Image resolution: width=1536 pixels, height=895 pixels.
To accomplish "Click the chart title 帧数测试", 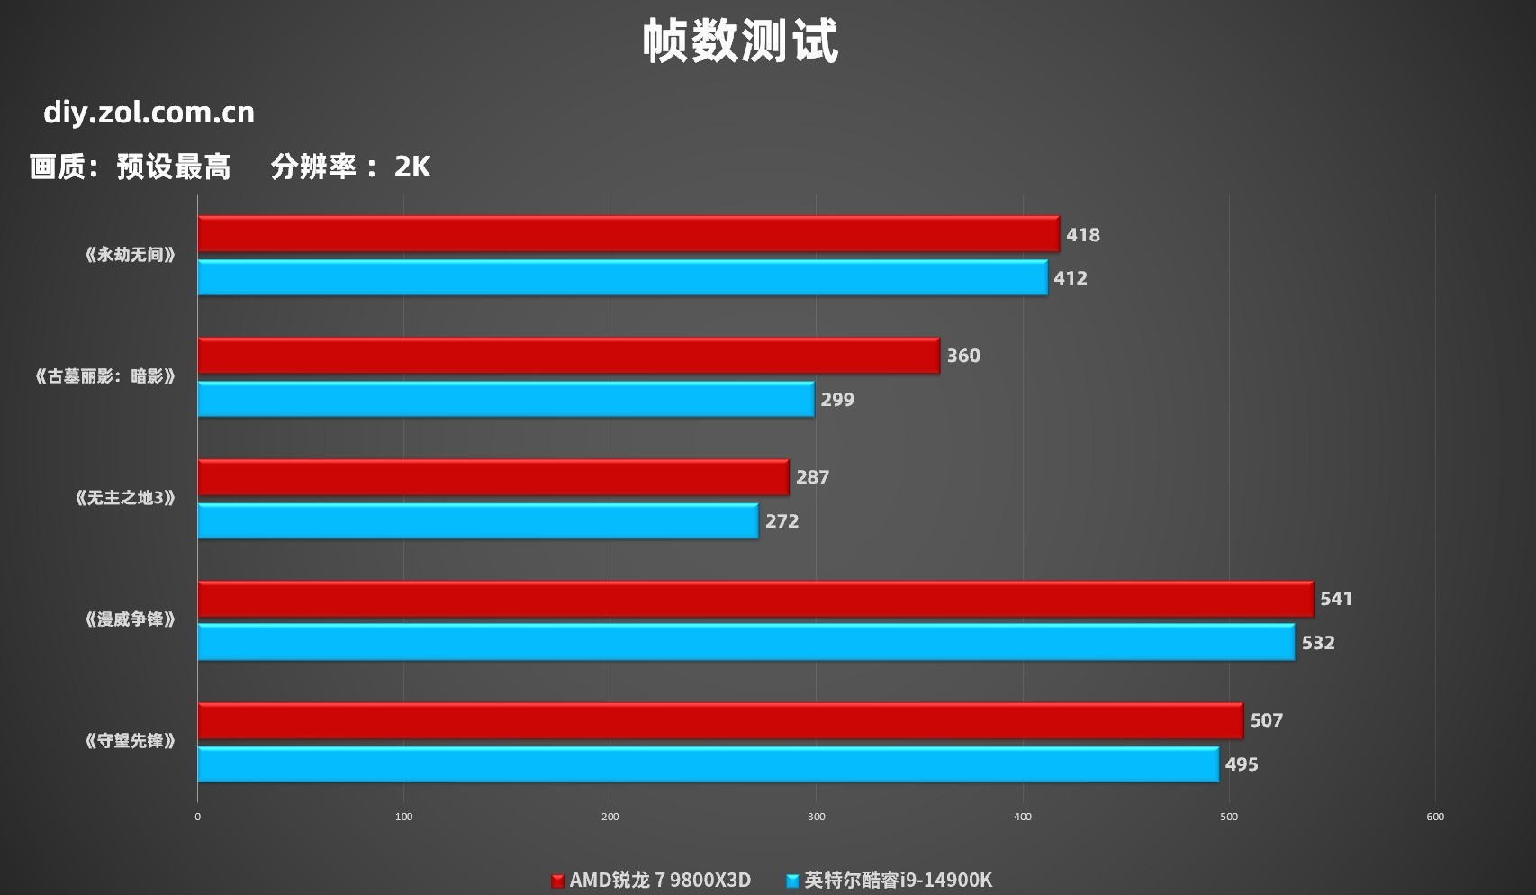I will (740, 41).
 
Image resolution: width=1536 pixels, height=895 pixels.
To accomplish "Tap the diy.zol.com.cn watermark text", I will (149, 113).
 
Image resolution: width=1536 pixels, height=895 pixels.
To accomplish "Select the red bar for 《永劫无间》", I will (628, 234).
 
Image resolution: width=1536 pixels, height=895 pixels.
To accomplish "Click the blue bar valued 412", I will (622, 277).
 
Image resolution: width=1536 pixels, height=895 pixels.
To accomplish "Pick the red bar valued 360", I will (568, 356).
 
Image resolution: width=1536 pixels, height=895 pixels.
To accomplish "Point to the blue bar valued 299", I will (505, 399).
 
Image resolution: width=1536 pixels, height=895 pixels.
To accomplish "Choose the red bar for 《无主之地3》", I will (493, 477).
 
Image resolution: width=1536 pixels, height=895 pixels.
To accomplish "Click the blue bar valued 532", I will (745, 642).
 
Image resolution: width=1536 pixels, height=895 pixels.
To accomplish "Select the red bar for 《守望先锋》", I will (719, 720).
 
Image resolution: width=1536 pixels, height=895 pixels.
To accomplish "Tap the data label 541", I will (1336, 599).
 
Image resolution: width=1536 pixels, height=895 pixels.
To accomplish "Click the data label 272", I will (782, 521).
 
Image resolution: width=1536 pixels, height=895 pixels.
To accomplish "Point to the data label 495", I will (1242, 764).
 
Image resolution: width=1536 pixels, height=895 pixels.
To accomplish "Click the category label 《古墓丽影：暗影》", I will (104, 376).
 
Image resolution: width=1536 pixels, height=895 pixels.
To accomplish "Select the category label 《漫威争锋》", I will (130, 619).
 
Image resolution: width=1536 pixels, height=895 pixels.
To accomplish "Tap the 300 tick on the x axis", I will (817, 817).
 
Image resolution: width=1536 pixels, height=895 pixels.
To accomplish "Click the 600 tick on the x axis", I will (1435, 817).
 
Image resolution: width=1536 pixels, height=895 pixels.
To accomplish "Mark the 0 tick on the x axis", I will (198, 817).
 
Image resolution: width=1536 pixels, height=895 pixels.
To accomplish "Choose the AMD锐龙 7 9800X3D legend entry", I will (651, 880).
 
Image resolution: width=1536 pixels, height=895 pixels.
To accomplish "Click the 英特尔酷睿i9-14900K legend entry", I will (890, 880).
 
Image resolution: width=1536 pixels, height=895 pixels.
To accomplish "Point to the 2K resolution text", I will (412, 167).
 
